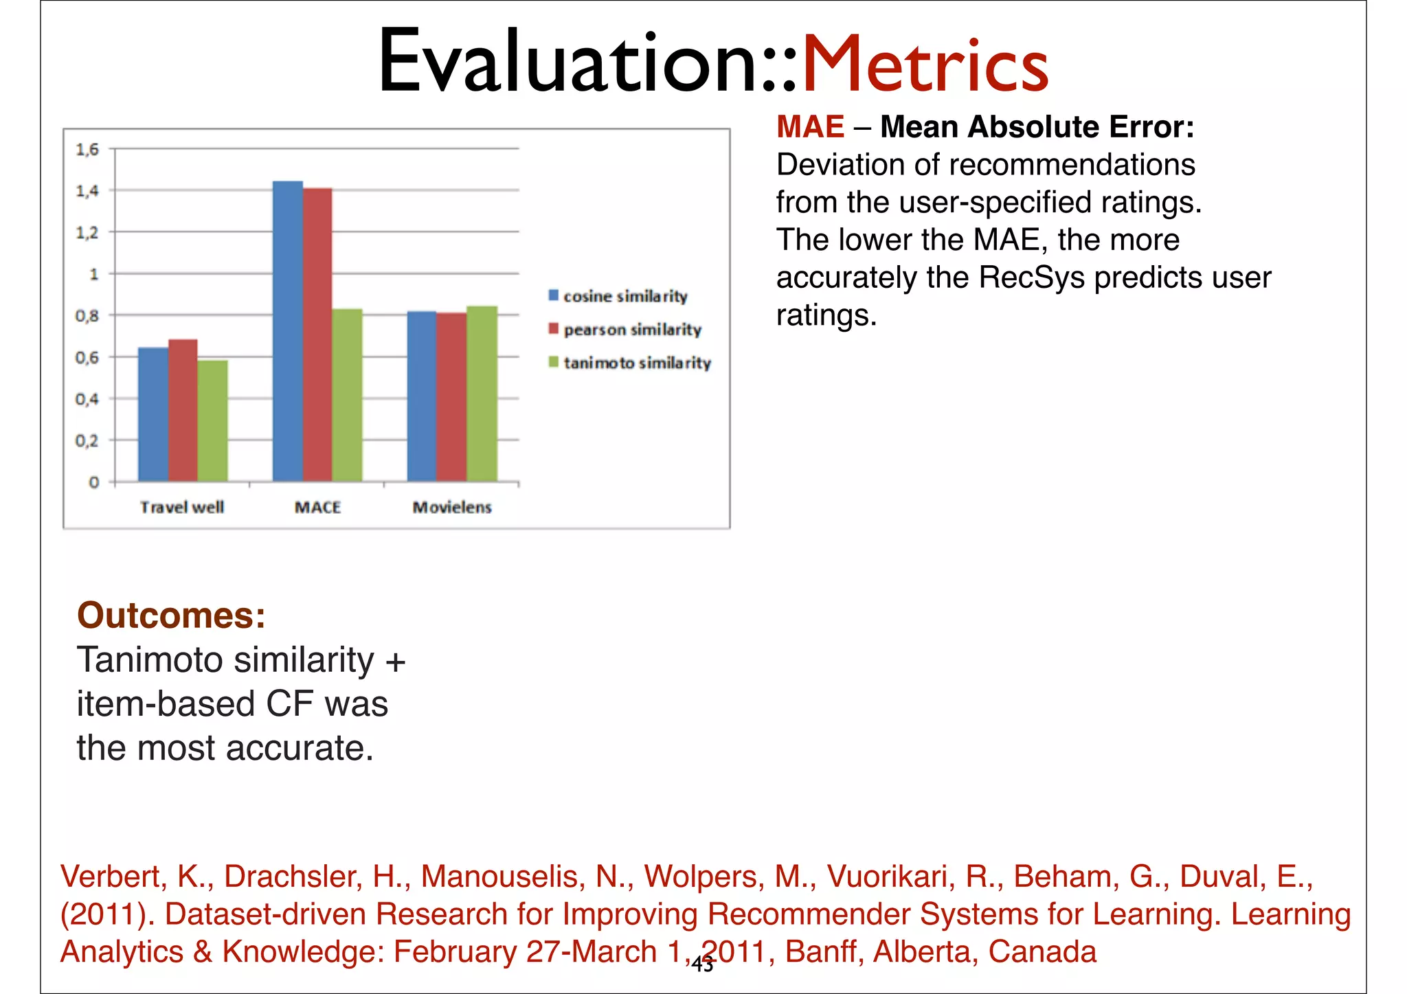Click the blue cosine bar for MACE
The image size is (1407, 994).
point(288,331)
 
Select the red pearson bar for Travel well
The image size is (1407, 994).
point(183,410)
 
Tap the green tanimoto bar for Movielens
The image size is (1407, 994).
point(482,394)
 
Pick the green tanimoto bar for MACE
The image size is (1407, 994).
point(347,395)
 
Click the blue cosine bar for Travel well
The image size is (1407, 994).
point(153,414)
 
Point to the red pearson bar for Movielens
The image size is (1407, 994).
point(451,397)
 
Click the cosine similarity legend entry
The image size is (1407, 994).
point(618,296)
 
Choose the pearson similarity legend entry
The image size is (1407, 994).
point(625,330)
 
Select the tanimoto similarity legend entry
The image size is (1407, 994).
point(630,363)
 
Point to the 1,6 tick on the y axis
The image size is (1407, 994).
point(87,149)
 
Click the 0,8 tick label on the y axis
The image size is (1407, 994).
point(87,316)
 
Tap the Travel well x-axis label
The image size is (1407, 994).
point(182,507)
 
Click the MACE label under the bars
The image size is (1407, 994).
point(317,507)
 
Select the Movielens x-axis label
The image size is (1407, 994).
point(452,507)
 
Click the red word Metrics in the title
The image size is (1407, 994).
point(925,64)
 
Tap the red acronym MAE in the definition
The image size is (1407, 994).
point(810,127)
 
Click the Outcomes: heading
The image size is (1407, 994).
point(171,615)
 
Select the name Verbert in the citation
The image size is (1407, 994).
point(110,876)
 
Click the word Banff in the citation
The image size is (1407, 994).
point(824,951)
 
